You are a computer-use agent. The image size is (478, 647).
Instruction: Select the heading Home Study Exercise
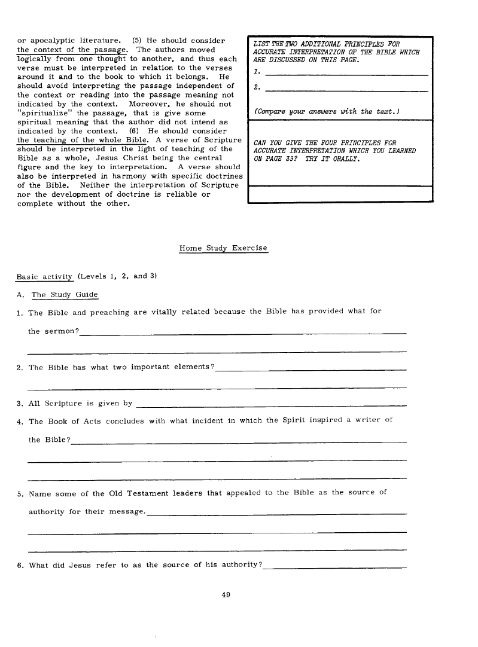pyautogui.click(x=223, y=248)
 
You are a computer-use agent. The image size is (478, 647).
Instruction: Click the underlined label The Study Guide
pyautogui.click(x=65, y=295)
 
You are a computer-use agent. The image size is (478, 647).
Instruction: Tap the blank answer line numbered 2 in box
pyautogui.click(x=346, y=90)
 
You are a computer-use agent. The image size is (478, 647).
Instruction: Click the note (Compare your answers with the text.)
pyautogui.click(x=327, y=112)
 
